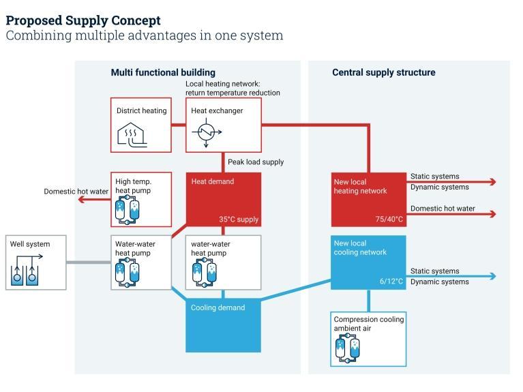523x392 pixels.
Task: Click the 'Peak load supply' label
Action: coord(256,162)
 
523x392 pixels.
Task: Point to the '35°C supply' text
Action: coord(239,220)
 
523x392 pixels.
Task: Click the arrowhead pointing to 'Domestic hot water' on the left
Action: coord(81,199)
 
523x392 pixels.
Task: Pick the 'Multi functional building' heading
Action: coord(163,72)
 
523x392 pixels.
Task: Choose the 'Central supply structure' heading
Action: coord(383,72)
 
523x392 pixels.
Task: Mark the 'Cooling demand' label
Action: coord(218,307)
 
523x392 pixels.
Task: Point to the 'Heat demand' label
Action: coord(212,181)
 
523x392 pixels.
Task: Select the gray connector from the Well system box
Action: coord(89,262)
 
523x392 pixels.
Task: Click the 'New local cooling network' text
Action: coord(359,247)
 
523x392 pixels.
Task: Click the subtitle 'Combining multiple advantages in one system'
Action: coord(144,35)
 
